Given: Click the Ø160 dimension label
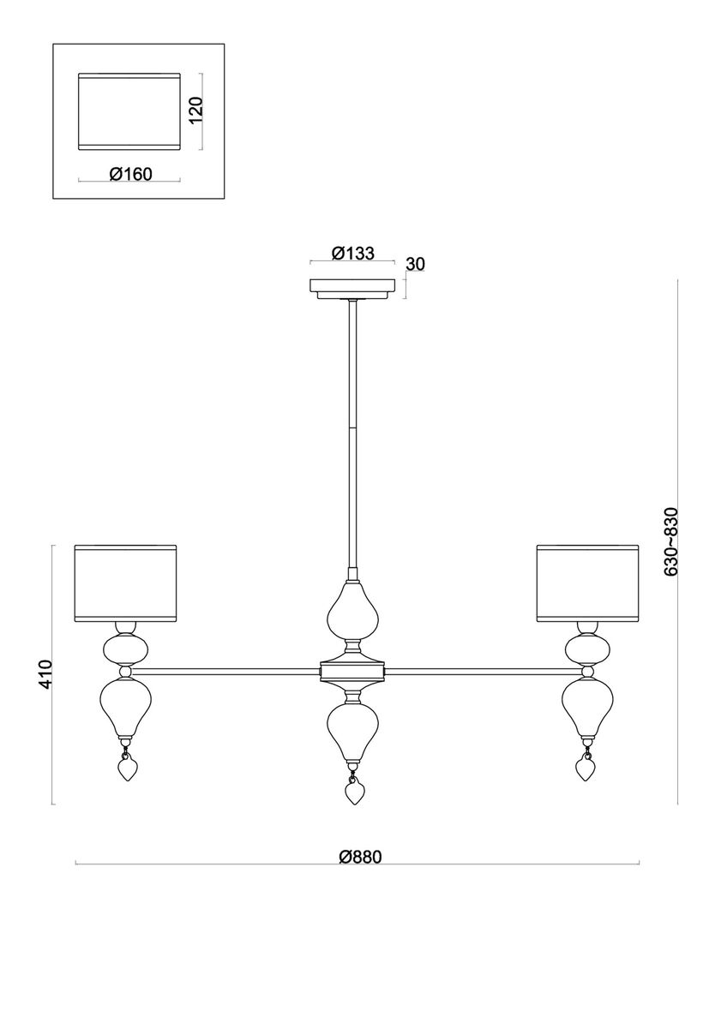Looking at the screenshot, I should click(x=130, y=175).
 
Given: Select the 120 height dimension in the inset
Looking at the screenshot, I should click(x=196, y=111).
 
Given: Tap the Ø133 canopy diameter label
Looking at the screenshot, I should click(x=351, y=254).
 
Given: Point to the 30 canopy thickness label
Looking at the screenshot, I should click(x=415, y=264).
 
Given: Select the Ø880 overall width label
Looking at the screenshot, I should click(x=358, y=856).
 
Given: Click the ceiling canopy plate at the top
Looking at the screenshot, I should click(x=352, y=288).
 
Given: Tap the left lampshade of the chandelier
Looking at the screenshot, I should click(x=125, y=582).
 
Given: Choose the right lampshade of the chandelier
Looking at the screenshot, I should click(x=587, y=582).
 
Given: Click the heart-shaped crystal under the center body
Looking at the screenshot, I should click(x=352, y=792).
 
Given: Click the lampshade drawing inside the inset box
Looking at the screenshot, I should click(x=129, y=111).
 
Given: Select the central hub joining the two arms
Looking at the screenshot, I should click(x=352, y=669).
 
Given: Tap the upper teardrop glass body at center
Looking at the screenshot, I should click(x=352, y=612).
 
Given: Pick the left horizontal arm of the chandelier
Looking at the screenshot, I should click(x=231, y=669).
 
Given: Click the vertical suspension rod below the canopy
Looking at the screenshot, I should click(x=352, y=428).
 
